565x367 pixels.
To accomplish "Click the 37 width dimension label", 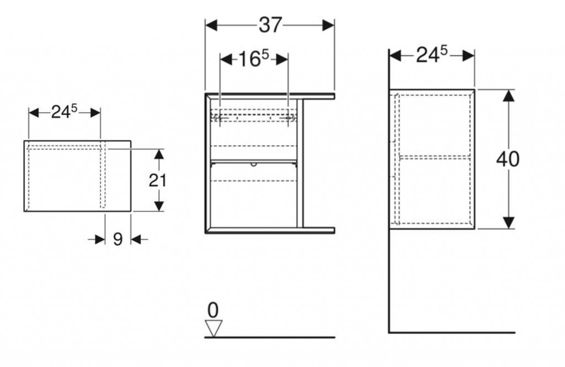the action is (x=270, y=25).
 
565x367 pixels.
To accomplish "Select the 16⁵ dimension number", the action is (x=254, y=58).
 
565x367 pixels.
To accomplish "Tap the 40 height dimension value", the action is (x=508, y=159).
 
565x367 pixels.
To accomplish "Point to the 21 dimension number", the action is (x=157, y=180).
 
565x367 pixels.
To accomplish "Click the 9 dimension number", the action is (x=118, y=239).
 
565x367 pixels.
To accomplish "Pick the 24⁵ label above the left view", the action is (x=64, y=112).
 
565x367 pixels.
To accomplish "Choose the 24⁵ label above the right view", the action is (x=431, y=55).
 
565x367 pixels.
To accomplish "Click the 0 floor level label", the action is (x=213, y=310).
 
